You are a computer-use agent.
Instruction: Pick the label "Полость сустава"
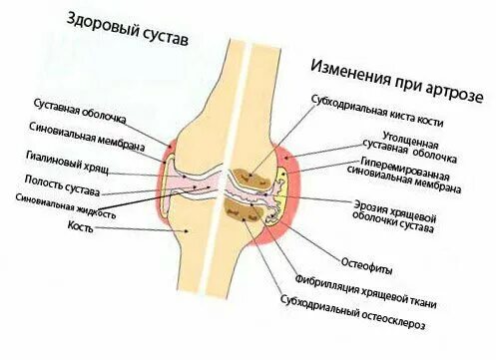[x=65, y=180]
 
